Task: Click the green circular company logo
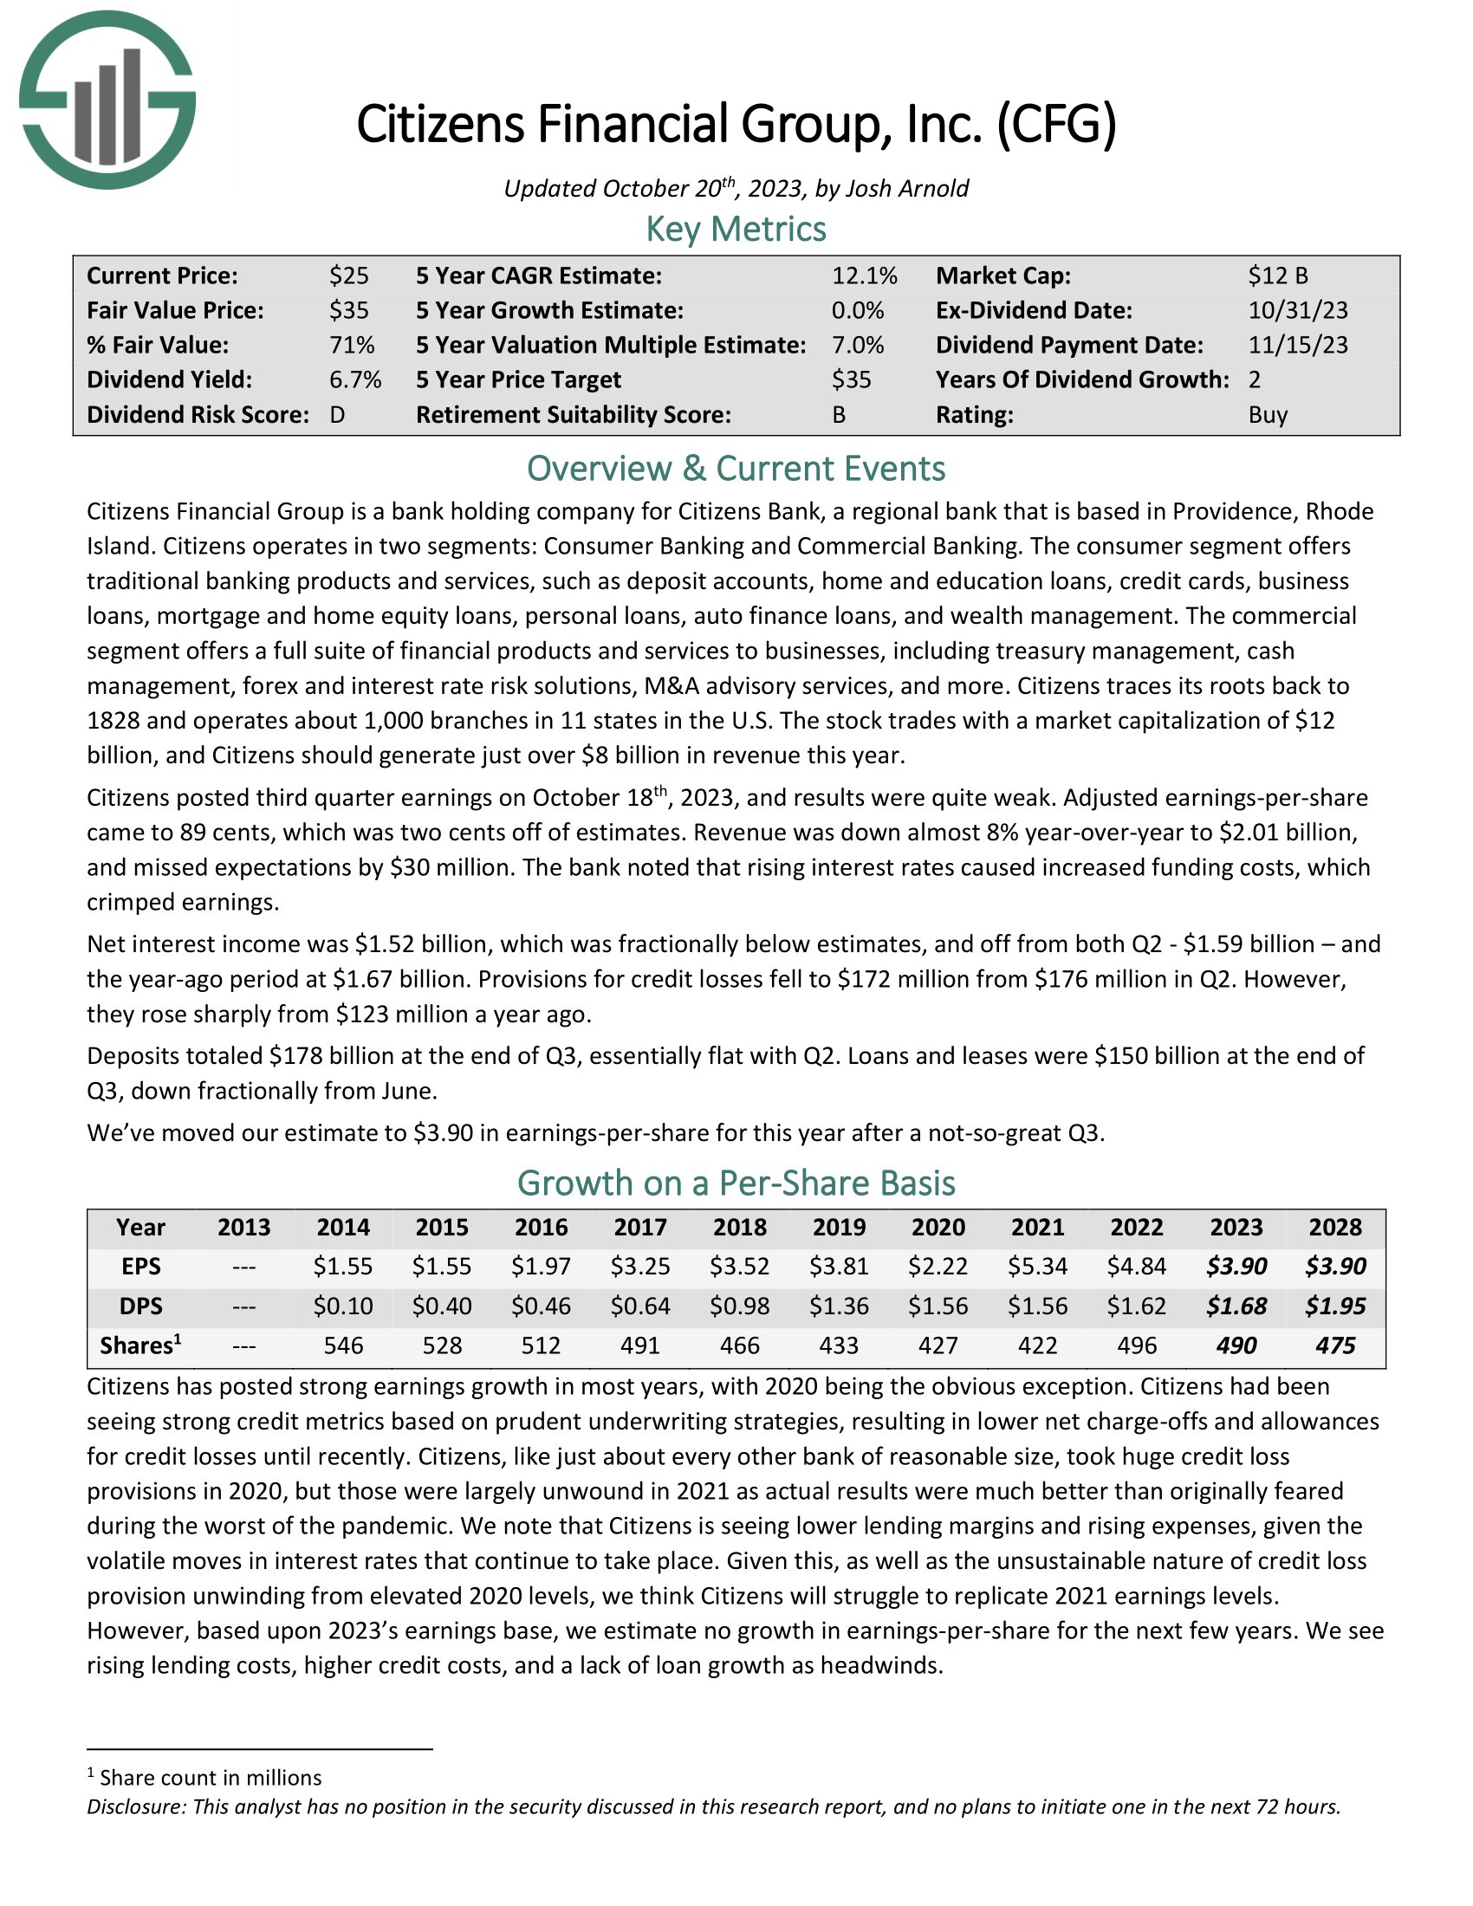click(107, 100)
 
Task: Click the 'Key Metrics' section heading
click(736, 229)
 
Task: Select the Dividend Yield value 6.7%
click(355, 379)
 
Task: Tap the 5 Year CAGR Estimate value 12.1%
click(864, 276)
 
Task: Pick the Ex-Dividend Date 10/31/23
click(1298, 310)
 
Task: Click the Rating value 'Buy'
click(1268, 414)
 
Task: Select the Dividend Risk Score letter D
click(338, 414)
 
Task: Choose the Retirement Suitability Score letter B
click(839, 414)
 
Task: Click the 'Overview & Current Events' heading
click(736, 469)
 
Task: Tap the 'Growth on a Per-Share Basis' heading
click(736, 1183)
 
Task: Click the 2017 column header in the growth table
click(640, 1227)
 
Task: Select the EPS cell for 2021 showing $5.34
click(1037, 1267)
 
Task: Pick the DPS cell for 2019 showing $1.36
click(839, 1306)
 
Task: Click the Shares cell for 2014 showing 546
click(343, 1345)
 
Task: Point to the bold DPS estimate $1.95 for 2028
click(1335, 1306)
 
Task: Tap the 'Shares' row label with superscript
click(140, 1345)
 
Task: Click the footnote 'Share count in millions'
click(211, 1778)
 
